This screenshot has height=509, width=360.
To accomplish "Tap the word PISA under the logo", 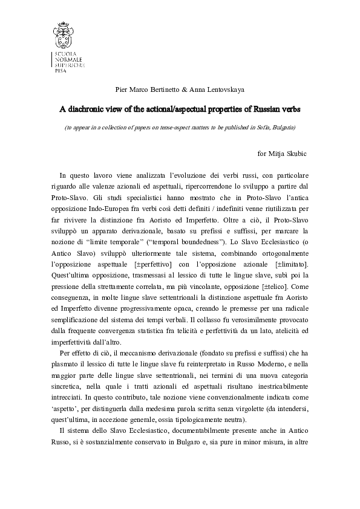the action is coord(59,70).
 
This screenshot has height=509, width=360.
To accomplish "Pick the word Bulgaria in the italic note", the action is coord(281,128).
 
